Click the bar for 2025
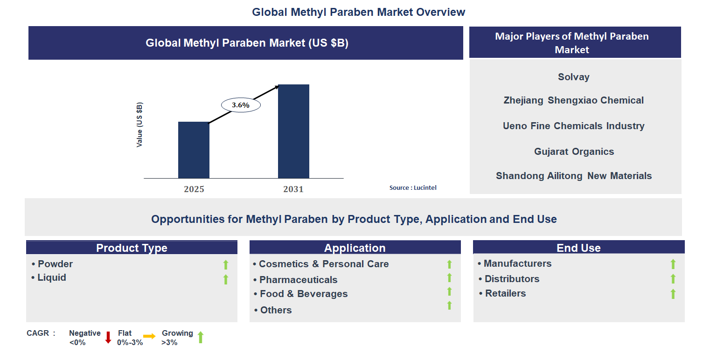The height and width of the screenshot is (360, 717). (x=194, y=150)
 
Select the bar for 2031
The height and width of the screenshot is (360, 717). (x=293, y=131)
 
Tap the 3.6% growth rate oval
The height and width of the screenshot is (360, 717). (x=241, y=105)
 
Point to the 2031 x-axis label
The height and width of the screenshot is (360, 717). (x=293, y=189)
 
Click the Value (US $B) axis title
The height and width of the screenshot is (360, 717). (x=139, y=125)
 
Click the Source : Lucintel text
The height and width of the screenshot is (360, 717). (x=413, y=188)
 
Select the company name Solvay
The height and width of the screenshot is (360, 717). (x=573, y=77)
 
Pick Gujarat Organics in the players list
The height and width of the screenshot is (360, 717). (x=574, y=152)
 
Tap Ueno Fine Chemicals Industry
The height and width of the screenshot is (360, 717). (x=573, y=126)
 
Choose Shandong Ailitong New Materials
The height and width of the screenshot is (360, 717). (x=573, y=176)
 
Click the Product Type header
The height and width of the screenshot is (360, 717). (x=132, y=248)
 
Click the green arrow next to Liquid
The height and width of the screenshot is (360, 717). (x=226, y=279)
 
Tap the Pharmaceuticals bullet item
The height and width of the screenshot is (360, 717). (x=298, y=280)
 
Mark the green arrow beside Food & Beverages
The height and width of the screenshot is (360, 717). (x=449, y=291)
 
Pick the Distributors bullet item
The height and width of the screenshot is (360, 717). (x=512, y=279)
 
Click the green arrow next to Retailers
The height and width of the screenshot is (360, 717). (x=673, y=294)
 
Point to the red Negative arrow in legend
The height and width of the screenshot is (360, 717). (x=108, y=337)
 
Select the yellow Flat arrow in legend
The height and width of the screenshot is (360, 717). (x=149, y=336)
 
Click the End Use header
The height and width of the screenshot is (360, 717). (x=578, y=248)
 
